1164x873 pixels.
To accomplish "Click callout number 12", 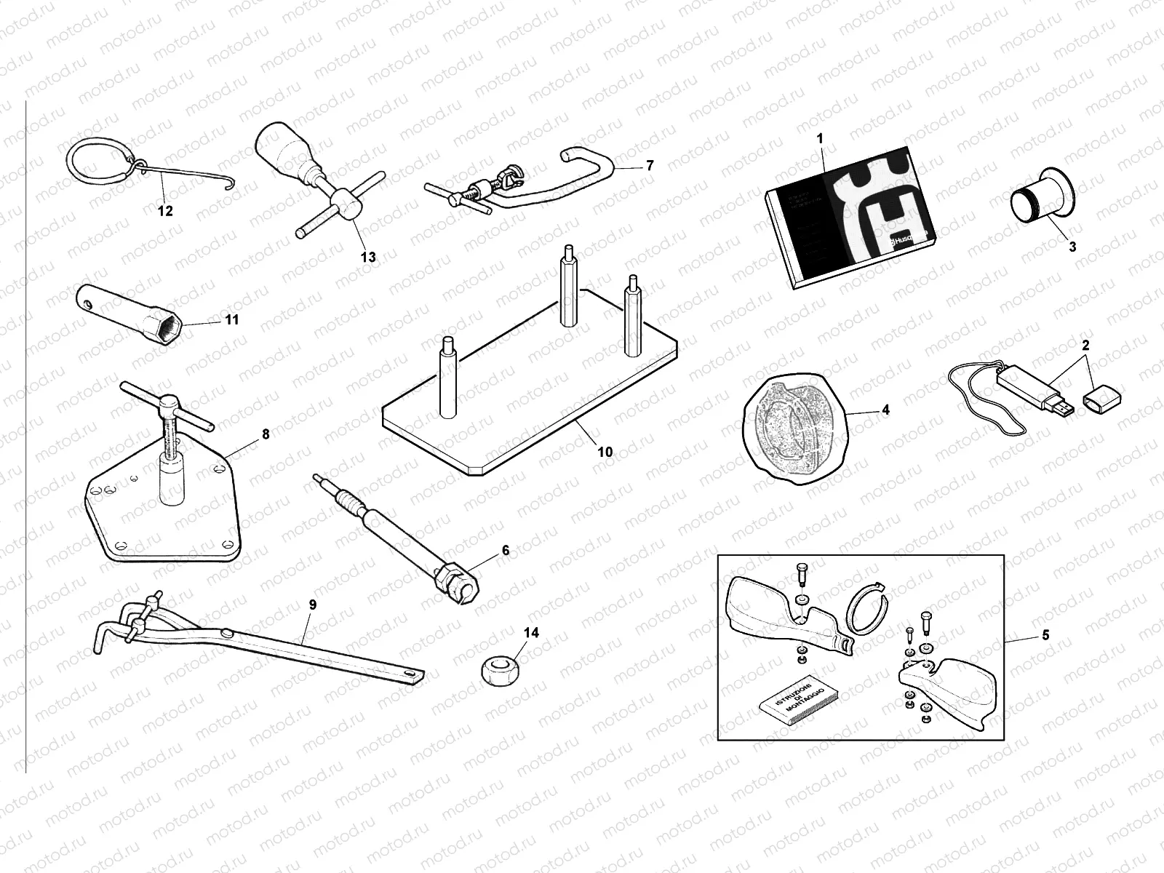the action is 165,211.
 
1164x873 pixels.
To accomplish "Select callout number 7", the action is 650,166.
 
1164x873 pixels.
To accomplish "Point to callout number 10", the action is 605,452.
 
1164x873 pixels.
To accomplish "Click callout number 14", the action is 532,633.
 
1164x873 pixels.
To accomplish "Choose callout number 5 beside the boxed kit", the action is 1045,635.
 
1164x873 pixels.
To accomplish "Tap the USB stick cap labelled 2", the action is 1102,399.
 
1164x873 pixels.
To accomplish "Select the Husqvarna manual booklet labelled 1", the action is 851,218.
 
